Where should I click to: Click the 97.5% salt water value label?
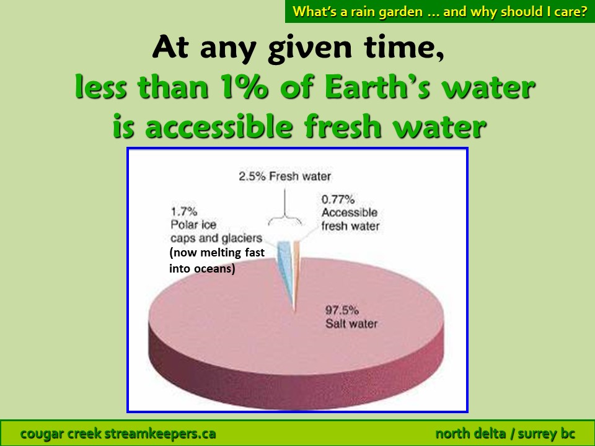pos(342,310)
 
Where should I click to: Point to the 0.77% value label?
pos(338,199)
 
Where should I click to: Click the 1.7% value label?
pos(184,211)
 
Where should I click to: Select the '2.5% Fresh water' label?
pos(284,177)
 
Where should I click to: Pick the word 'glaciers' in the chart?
pos(242,238)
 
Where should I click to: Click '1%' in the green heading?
pos(244,87)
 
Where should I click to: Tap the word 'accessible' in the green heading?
pos(219,126)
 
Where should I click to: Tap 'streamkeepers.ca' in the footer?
pos(160,434)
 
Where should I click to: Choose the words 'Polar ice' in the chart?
pos(193,224)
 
